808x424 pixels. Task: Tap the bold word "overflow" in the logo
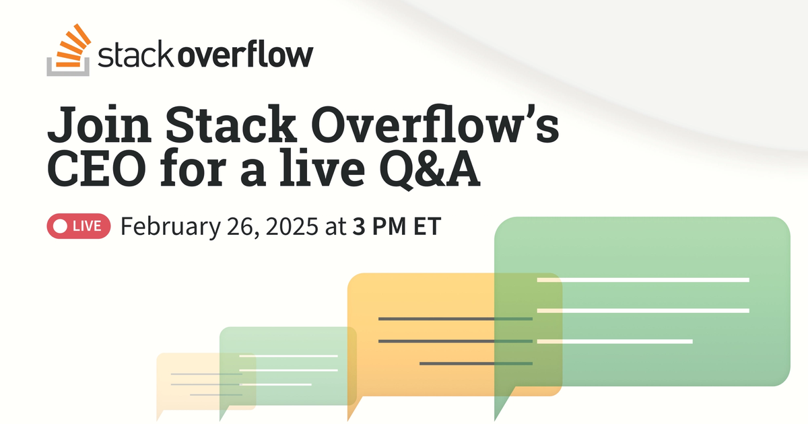(244, 56)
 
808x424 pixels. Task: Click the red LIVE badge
(78, 227)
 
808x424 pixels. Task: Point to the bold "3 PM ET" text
(395, 227)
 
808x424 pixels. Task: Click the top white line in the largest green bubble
(643, 279)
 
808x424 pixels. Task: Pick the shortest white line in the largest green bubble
(615, 342)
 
